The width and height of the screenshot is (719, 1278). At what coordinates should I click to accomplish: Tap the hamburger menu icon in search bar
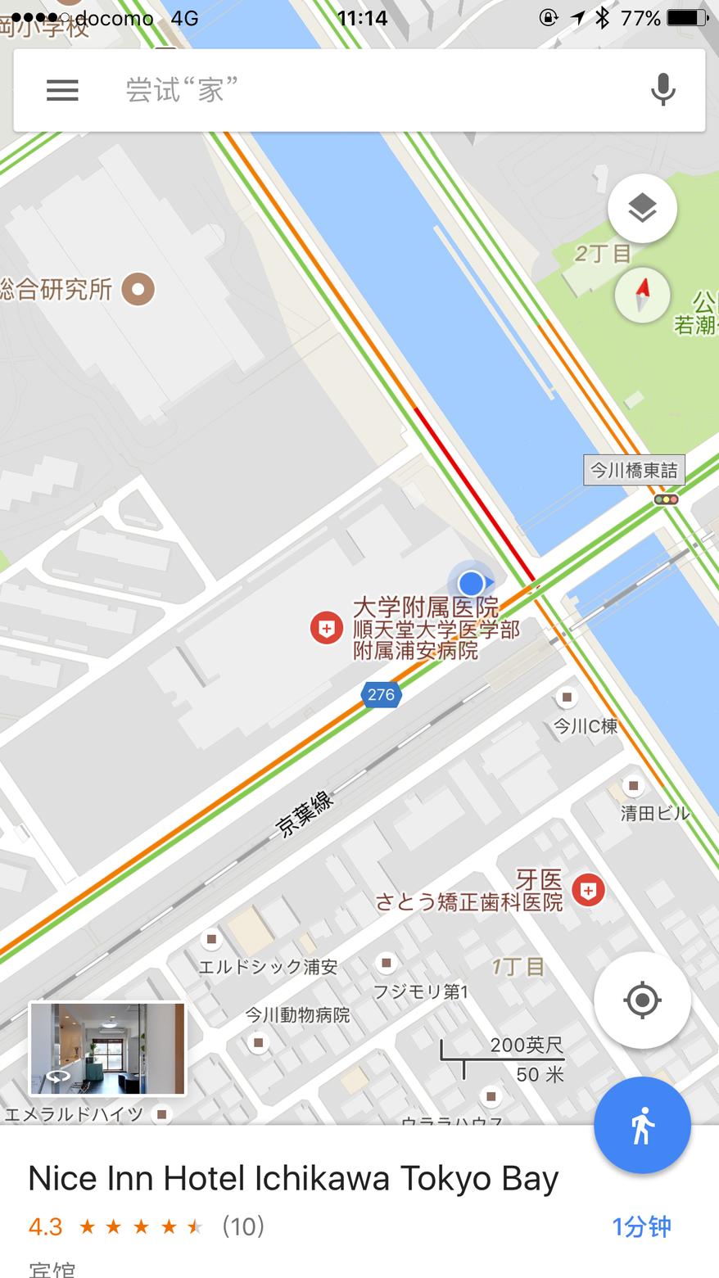(62, 90)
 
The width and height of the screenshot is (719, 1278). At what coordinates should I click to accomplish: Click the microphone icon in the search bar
(662, 89)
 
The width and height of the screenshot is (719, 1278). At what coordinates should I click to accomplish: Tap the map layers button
(642, 209)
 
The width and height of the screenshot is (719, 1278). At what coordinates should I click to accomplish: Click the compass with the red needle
(642, 295)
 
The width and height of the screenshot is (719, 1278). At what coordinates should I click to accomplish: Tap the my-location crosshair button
(642, 1000)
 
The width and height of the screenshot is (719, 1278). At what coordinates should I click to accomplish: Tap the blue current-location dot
(471, 584)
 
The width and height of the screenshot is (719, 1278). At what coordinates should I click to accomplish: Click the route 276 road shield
(381, 695)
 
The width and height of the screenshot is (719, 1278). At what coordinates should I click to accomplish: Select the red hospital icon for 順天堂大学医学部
(326, 628)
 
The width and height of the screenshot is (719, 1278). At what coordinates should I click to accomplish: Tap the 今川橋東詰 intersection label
(634, 470)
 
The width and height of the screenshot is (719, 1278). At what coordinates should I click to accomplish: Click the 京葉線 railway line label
(305, 814)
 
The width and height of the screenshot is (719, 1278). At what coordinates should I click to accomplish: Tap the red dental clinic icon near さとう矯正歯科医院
(588, 890)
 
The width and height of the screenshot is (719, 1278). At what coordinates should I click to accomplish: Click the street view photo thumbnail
(107, 1049)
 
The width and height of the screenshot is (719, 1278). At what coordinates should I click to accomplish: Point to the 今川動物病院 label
(297, 1015)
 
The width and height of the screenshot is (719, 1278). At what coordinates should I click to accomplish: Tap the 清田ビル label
(654, 813)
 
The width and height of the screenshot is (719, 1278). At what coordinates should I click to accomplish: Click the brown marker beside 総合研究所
(138, 289)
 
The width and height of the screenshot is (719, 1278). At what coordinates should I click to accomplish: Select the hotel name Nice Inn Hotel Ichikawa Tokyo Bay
(293, 1178)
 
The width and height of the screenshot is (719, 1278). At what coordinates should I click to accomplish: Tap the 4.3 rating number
(45, 1226)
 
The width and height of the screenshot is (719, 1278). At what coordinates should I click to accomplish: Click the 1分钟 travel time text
(641, 1226)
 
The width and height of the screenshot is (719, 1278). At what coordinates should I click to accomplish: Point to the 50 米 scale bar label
(540, 1074)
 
